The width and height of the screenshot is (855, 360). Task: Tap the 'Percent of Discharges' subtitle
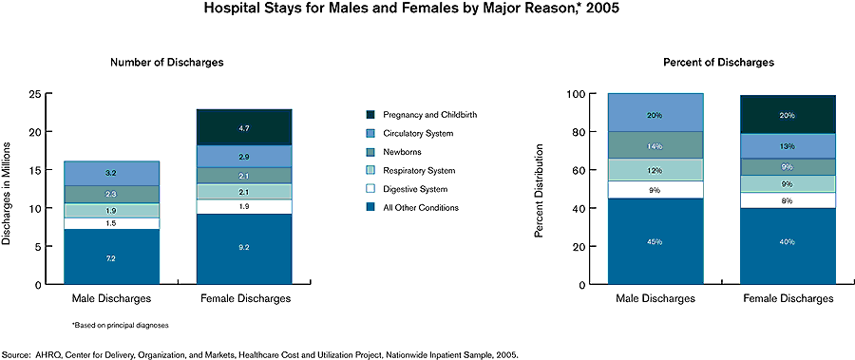(x=718, y=63)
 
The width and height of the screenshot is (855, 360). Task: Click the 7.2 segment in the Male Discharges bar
(x=111, y=257)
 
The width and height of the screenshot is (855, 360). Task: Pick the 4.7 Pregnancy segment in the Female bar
(x=244, y=127)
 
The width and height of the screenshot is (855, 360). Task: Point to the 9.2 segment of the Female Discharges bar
(x=244, y=249)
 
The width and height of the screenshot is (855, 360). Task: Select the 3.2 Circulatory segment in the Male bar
(x=111, y=174)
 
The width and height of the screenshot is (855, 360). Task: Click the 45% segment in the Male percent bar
(x=655, y=242)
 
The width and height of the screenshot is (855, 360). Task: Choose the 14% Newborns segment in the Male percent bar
(x=655, y=144)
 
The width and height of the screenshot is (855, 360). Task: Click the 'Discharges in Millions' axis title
(x=9, y=190)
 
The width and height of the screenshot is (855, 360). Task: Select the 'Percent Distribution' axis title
(x=541, y=190)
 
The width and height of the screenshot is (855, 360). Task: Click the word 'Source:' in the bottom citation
(x=17, y=354)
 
